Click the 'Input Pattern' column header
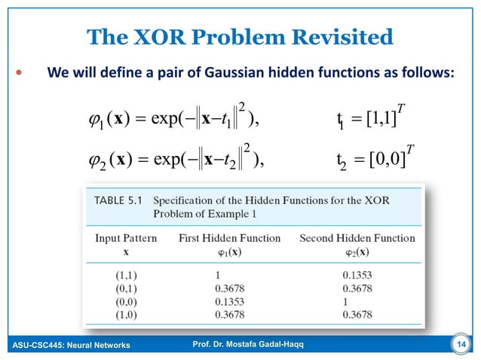click(126, 238)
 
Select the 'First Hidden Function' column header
click(229, 238)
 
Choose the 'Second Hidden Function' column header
click(357, 238)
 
